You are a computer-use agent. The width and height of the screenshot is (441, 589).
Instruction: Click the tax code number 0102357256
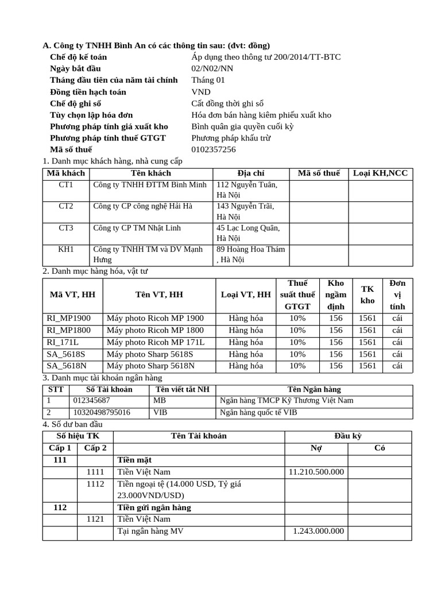213,150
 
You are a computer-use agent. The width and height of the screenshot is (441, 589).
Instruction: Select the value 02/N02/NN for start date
212,69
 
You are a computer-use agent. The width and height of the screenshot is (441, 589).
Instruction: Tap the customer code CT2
66,206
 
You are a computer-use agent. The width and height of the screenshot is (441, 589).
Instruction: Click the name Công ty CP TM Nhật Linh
137,228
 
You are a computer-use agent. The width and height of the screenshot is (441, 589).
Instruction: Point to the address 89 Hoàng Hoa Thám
250,250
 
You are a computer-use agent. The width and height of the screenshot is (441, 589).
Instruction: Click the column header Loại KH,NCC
380,173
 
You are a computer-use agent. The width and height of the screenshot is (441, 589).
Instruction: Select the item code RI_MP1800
68,330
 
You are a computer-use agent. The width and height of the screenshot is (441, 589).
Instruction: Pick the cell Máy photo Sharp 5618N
150,366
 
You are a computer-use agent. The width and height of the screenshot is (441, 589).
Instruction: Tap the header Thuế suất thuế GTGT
297,294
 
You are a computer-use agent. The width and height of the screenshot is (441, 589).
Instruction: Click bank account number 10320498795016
101,412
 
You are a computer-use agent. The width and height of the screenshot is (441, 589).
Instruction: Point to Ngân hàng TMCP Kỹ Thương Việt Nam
287,400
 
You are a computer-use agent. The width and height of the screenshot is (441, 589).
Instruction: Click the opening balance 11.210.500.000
316,472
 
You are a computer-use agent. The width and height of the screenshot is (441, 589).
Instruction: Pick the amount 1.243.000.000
318,531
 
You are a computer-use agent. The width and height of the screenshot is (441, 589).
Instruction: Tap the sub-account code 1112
95,484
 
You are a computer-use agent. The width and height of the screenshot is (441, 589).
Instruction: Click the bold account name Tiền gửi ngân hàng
154,508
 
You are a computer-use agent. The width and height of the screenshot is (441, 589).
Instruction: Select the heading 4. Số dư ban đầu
74,424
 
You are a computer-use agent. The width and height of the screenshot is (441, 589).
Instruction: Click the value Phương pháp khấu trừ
231,138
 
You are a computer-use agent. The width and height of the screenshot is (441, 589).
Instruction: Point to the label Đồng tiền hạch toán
88,92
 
